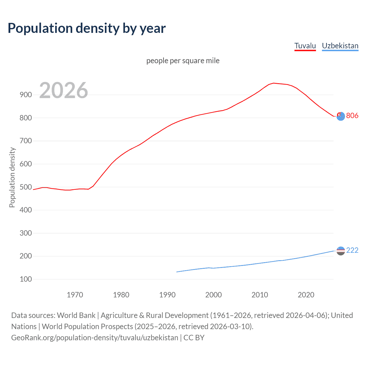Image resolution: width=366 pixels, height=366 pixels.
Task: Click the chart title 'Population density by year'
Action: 87,28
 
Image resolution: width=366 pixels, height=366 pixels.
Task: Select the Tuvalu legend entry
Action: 305,46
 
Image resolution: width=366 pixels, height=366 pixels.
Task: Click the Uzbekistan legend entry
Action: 340,46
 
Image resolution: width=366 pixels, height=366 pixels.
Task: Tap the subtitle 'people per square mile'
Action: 183,61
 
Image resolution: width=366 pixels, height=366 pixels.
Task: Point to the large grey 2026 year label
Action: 63,90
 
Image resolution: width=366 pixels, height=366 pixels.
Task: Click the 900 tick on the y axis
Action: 26,95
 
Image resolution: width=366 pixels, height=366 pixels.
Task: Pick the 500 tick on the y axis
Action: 26,187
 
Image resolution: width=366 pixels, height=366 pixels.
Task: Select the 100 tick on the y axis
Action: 26,279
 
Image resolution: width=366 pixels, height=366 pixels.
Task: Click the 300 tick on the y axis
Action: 26,233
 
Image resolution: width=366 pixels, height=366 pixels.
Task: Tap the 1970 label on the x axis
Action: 75,295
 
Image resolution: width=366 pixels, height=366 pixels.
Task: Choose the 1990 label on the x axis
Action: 167,295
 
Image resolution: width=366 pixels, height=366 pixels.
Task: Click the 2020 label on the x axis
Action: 306,295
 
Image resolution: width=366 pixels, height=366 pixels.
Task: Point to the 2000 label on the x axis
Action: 214,295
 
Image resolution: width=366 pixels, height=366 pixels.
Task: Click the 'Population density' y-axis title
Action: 12,177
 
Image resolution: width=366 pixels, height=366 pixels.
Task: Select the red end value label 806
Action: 352,116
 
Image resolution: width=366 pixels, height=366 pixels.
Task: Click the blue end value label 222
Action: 352,250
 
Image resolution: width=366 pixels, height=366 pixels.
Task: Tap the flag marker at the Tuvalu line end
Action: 341,116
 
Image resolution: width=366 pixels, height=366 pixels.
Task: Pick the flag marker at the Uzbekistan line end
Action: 341,251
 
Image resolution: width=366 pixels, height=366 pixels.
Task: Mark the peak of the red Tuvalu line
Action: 274,83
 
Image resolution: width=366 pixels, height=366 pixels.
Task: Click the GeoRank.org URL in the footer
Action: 95,338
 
